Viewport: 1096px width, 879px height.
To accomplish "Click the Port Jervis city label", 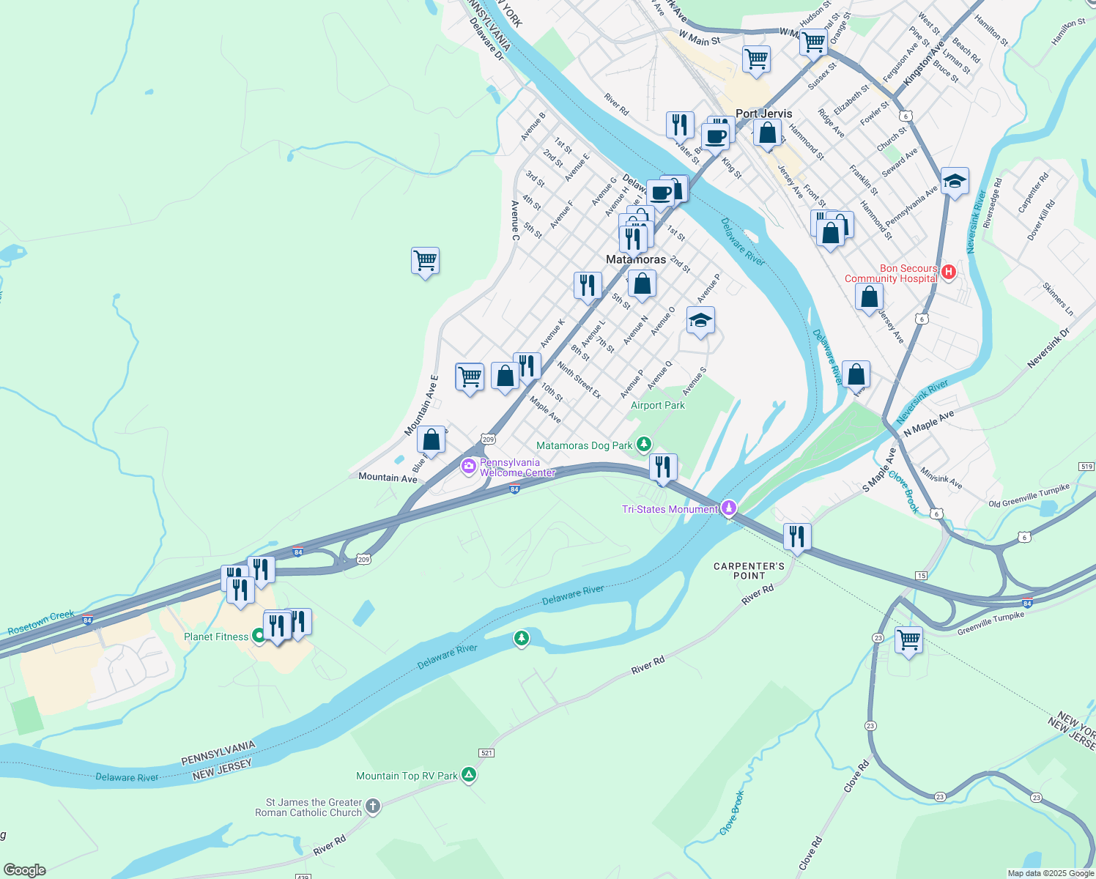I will pyautogui.click(x=763, y=114).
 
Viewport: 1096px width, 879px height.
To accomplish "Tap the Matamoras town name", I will pyautogui.click(x=636, y=259).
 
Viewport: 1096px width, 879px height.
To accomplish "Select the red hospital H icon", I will pyautogui.click(x=949, y=272).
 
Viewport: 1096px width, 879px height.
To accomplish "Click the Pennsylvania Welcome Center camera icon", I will pyautogui.click(x=469, y=466).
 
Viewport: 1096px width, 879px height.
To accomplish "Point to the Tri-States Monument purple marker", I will pyautogui.click(x=728, y=508).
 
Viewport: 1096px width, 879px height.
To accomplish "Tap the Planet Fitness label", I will pyautogui.click(x=216, y=637).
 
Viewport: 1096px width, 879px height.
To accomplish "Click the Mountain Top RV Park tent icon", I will pyautogui.click(x=469, y=775).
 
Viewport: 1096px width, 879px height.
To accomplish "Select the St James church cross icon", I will pyautogui.click(x=373, y=806).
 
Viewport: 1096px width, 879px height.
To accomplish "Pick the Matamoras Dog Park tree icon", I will pyautogui.click(x=643, y=444).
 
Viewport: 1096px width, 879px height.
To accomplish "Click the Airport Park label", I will pyautogui.click(x=658, y=405).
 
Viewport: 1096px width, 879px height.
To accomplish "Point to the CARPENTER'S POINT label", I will pyautogui.click(x=749, y=571).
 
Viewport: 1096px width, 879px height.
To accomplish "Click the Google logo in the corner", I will pyautogui.click(x=25, y=870).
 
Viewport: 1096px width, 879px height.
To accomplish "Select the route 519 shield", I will pyautogui.click(x=1086, y=467).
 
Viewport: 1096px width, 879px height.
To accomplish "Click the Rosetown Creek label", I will pyautogui.click(x=41, y=622).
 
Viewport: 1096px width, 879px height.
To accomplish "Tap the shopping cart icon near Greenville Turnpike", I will pyautogui.click(x=908, y=640).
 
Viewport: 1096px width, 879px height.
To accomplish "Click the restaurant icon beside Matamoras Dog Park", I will pyautogui.click(x=662, y=467).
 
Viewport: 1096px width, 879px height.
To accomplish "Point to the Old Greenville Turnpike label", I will pyautogui.click(x=1029, y=496).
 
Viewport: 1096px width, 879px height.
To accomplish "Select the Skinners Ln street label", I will pyautogui.click(x=1058, y=299).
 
